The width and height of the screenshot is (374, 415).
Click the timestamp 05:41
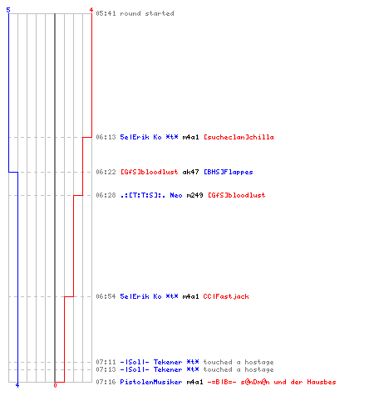[x=106, y=13]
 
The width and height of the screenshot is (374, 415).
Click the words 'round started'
[x=147, y=13]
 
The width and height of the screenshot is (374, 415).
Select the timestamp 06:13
[x=106, y=137]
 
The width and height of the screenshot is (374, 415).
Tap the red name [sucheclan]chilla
[x=239, y=137]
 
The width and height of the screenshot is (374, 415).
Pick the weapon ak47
[x=190, y=172]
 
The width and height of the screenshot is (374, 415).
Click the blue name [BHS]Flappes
[x=229, y=172]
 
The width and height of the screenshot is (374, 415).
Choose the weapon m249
[x=194, y=195]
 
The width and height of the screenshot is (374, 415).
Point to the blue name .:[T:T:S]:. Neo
[x=151, y=195]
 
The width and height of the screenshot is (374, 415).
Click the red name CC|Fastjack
[x=226, y=296]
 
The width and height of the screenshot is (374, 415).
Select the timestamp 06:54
[x=106, y=296]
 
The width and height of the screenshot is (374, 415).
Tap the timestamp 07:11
[x=106, y=362]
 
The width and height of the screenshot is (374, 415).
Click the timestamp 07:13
[x=106, y=369]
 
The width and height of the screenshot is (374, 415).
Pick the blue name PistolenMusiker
[x=151, y=382]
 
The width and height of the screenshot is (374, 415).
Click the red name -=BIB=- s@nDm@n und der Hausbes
[x=272, y=382]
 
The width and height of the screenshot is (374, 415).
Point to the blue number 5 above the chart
[x=8, y=10]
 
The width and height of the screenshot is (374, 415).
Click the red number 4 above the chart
[x=91, y=10]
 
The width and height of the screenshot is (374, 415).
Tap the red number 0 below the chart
[x=55, y=385]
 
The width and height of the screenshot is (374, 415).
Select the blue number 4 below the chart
[x=17, y=385]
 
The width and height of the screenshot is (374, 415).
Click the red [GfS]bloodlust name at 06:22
[x=150, y=172]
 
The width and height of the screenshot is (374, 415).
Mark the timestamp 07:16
[x=106, y=382]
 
